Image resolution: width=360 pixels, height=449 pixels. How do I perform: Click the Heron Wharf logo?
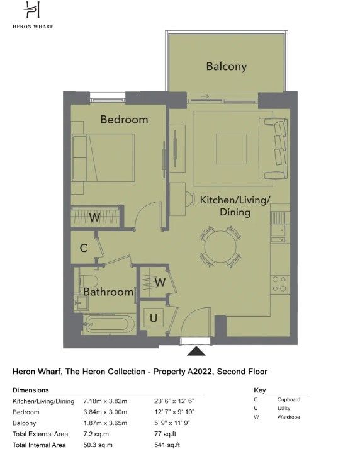(33, 15)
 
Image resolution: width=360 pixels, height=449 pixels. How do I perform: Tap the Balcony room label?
(227, 66)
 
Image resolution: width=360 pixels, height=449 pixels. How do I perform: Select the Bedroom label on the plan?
(124, 120)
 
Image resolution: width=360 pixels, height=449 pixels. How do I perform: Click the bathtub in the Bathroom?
(109, 324)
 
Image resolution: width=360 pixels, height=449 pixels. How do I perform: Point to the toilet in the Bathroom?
(87, 281)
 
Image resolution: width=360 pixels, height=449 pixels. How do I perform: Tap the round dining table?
(221, 247)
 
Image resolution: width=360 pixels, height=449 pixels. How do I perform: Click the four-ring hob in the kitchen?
(279, 284)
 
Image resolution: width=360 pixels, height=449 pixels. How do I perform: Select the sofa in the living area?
(273, 149)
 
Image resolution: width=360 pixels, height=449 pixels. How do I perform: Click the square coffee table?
(232, 149)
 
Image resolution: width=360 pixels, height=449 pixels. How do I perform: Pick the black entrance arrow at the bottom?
(196, 351)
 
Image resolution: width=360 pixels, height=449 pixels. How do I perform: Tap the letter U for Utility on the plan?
(154, 318)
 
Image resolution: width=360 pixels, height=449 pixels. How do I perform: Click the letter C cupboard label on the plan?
(84, 247)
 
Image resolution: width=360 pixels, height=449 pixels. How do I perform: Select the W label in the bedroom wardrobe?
(94, 217)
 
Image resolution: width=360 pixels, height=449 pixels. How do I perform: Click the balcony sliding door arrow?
(205, 96)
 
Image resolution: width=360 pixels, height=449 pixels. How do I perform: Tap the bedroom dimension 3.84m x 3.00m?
(105, 412)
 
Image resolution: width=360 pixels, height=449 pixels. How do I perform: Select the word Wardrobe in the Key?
(288, 417)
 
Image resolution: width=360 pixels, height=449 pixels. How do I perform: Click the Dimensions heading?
(31, 390)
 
